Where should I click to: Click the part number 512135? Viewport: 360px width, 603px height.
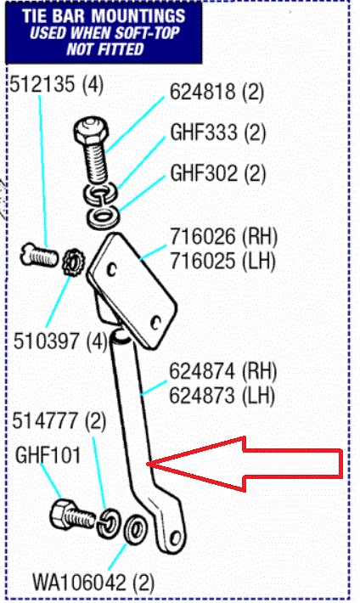[x=42, y=84]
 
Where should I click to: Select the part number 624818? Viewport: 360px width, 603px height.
[x=203, y=92]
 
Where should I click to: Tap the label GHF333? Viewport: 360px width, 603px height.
[x=205, y=132]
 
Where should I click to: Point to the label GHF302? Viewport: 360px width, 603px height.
[x=205, y=172]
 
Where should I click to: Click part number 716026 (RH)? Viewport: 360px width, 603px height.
[x=223, y=236]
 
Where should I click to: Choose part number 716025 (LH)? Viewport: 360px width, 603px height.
[x=222, y=261]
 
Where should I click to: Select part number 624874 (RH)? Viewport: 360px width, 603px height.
[x=223, y=371]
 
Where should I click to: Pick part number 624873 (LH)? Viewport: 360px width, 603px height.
[x=222, y=396]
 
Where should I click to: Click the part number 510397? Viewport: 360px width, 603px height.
[x=47, y=341]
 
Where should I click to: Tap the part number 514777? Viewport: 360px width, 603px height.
[x=45, y=420]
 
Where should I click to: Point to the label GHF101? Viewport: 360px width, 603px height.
[x=48, y=455]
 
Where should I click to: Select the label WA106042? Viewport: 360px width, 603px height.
[x=79, y=583]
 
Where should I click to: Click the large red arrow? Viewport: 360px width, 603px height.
[x=246, y=464]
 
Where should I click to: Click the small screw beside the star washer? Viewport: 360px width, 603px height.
[x=39, y=255]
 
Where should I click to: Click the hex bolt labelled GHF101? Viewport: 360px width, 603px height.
[x=72, y=516]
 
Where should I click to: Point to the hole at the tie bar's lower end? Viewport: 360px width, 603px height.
[x=176, y=537]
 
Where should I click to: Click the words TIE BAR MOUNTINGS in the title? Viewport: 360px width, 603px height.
[x=104, y=16]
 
